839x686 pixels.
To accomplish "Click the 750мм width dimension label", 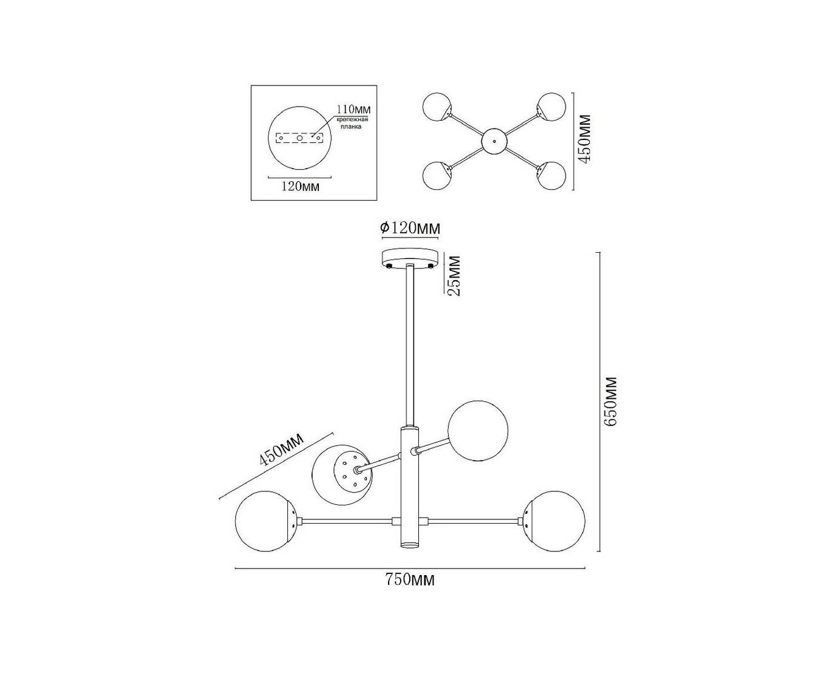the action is click(x=409, y=580).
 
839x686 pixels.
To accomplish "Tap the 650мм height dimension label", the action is click(x=609, y=402).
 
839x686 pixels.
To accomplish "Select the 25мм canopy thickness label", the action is click(x=453, y=276).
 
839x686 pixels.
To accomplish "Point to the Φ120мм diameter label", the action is click(x=410, y=228).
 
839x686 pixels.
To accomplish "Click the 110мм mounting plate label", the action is click(x=353, y=109).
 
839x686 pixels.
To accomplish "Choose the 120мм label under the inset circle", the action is click(x=300, y=186).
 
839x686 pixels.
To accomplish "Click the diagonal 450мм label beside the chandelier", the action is click(x=281, y=448).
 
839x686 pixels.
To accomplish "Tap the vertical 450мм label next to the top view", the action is click(x=584, y=139).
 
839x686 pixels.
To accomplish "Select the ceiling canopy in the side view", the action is click(x=410, y=259).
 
